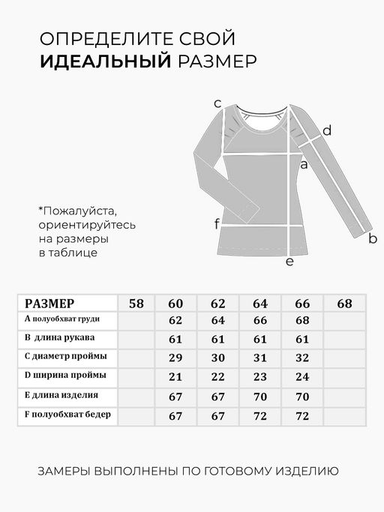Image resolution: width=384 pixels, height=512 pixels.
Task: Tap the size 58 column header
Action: (136, 304)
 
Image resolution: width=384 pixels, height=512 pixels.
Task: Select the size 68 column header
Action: (344, 304)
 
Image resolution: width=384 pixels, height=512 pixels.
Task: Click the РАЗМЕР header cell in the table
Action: (49, 304)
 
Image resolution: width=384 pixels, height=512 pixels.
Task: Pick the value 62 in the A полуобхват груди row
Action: (176, 321)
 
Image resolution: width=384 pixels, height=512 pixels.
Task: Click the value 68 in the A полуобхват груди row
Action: (302, 321)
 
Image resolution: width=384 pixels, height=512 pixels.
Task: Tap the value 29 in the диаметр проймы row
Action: (176, 357)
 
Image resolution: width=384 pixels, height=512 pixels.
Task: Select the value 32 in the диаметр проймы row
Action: (302, 357)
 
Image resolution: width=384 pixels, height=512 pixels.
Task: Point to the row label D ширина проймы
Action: (65, 375)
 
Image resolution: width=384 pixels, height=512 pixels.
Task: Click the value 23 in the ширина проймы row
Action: (260, 376)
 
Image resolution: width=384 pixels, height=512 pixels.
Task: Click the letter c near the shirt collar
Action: (217, 103)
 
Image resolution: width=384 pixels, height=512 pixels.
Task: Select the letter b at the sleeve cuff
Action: (373, 239)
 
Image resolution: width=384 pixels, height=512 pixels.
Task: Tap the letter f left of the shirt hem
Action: (217, 224)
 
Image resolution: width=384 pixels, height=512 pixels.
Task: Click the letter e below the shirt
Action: (289, 262)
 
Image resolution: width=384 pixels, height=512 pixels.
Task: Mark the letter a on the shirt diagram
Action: (304, 164)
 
